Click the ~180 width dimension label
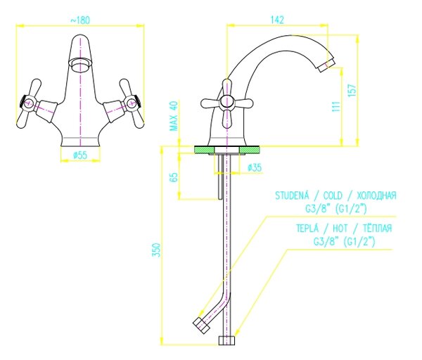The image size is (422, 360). coord(80,20)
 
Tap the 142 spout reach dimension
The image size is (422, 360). coord(277,20)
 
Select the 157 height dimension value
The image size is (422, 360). coord(352,90)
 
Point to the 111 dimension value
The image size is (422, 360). coord(336,107)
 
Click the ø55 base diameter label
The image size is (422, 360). coord(80,155)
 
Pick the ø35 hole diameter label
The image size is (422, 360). coord(255,167)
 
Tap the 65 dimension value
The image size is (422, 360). coord(174,177)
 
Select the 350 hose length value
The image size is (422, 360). coord(157,250)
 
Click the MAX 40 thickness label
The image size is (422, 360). coord(174,116)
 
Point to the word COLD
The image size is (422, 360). coord(333,195)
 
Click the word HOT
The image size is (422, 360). coord(340,229)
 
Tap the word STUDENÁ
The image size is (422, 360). coord(292,195)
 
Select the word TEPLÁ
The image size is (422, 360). coord(307,228)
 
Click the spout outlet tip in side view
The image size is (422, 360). coord(326,65)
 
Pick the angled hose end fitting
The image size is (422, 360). coord(202,326)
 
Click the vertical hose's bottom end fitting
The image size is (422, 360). coord(226,340)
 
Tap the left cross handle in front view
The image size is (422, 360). coord(29,103)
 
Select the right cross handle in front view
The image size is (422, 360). coord(132,103)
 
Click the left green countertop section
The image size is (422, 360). coord(204,150)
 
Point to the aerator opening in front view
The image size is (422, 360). coord(80,65)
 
